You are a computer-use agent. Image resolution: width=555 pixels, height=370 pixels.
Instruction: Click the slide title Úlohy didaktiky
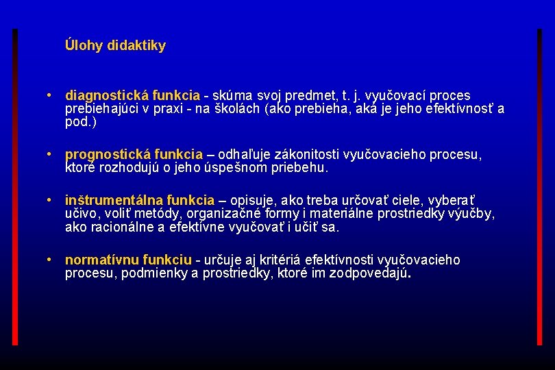tap(115, 46)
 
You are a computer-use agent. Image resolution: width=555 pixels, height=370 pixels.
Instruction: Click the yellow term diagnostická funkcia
tap(132, 95)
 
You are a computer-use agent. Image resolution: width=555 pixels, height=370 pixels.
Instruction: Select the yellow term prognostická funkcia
tap(134, 155)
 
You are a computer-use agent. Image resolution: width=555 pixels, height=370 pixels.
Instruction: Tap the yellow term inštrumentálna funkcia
tap(140, 200)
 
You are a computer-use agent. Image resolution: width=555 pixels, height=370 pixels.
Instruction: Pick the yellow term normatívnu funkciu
tap(128, 260)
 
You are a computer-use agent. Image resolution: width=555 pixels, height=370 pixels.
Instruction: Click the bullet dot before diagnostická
tap(50, 95)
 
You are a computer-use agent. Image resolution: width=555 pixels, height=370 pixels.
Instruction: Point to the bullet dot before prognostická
tap(50, 155)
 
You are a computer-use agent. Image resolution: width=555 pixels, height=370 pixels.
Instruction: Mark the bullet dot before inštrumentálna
tap(50, 200)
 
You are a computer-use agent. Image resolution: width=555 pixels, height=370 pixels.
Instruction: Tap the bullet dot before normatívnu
tap(50, 260)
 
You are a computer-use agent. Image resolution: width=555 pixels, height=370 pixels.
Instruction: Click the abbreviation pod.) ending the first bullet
tap(81, 123)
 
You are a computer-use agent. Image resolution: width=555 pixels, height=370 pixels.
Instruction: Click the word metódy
tap(158, 214)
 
